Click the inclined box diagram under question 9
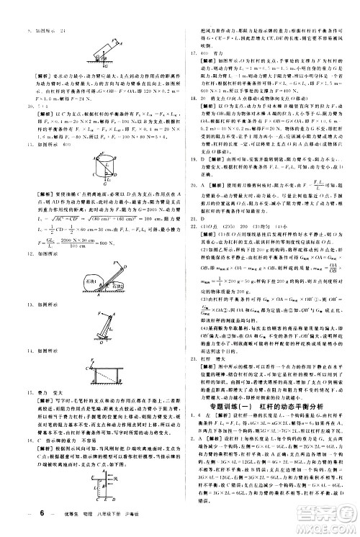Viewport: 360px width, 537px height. tap(102, 50)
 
